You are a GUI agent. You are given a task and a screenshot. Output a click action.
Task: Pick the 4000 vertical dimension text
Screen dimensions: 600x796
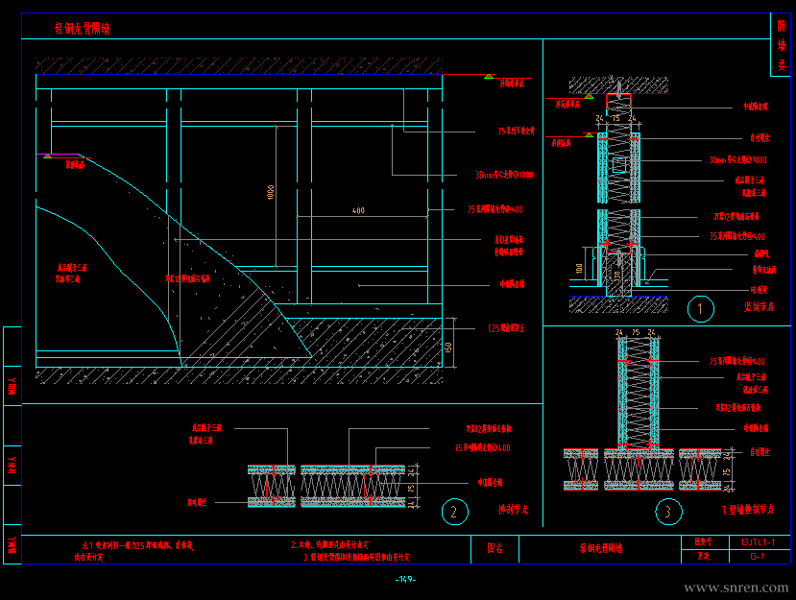[272, 193]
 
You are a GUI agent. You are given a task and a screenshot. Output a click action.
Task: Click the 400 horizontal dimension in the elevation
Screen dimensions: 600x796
[358, 210]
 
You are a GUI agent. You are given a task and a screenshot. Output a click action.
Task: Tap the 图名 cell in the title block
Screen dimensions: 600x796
[495, 549]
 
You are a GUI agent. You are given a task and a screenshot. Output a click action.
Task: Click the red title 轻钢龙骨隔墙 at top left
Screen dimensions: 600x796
[83, 29]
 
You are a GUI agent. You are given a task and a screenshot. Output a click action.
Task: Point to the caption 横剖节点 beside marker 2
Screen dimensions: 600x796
[513, 510]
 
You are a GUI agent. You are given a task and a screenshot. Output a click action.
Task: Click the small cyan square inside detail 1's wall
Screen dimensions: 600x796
[618, 165]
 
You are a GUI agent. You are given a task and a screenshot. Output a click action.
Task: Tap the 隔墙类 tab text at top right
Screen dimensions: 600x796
[782, 43]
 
